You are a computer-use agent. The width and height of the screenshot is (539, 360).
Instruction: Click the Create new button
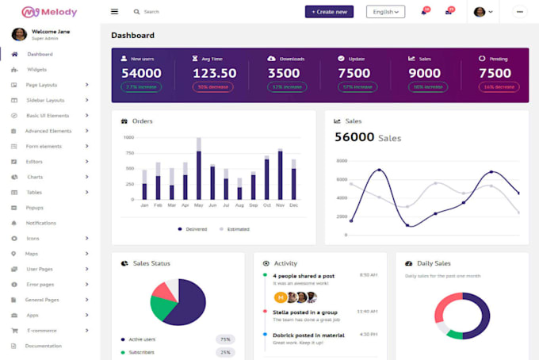pos(329,12)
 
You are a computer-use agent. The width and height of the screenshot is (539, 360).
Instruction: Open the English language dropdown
pos(385,12)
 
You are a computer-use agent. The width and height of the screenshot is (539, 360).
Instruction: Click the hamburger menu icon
pos(114,12)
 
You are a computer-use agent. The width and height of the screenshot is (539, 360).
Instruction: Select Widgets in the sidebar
pos(37,70)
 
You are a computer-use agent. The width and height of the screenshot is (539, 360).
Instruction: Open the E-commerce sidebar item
pos(42,330)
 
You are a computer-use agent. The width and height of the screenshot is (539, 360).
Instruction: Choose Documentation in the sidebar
pos(43,346)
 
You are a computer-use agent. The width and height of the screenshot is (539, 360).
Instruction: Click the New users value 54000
pos(141,73)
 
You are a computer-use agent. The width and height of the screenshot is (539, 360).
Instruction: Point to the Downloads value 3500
pos(284,73)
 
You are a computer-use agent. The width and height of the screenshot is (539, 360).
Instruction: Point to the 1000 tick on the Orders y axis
pos(128,137)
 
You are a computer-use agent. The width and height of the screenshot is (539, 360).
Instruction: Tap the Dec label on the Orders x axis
pos(293,205)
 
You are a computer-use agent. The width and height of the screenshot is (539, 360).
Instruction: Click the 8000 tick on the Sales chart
pos(342,160)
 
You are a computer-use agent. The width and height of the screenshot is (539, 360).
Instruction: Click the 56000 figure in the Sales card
pos(354,137)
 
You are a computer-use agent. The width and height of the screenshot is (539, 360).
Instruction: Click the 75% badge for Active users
pos(225,339)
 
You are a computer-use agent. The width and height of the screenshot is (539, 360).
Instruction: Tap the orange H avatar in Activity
pos(280,297)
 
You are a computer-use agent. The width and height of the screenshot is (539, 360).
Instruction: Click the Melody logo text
pos(62,12)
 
